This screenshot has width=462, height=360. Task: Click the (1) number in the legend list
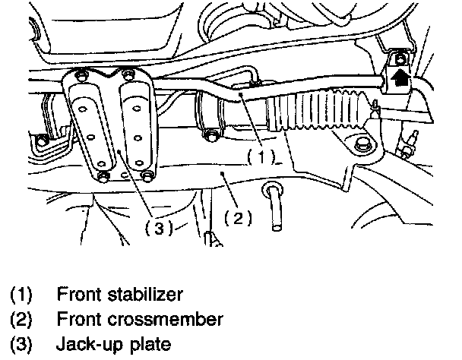(21, 292)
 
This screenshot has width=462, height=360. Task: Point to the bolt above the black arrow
(397, 58)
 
